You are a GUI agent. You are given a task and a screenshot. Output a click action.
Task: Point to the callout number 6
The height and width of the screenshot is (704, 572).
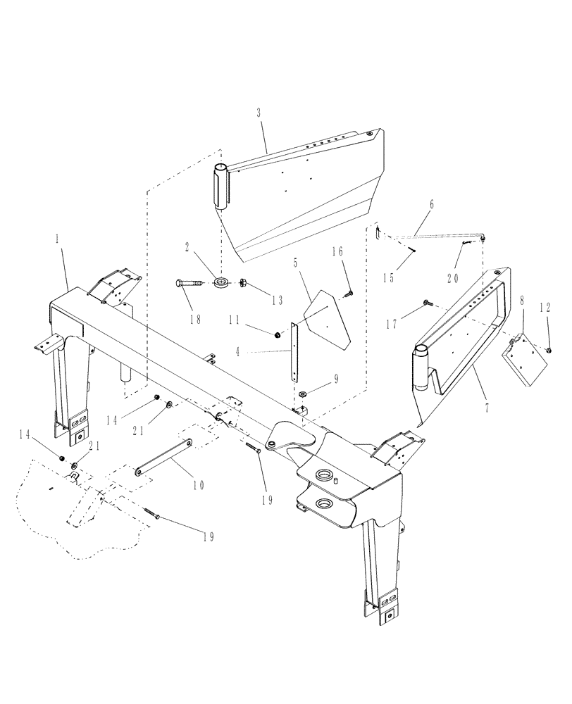[430, 203]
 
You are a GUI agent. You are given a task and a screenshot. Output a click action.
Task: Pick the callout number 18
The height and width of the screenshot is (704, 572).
[195, 319]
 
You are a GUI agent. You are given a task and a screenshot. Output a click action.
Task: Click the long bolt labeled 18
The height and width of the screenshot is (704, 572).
[189, 283]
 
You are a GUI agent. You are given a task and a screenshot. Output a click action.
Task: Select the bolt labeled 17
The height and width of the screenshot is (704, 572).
[427, 303]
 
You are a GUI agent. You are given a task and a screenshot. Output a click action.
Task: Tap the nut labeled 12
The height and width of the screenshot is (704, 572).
[549, 348]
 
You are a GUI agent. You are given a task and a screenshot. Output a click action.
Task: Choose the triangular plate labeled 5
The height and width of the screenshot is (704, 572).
[329, 318]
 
